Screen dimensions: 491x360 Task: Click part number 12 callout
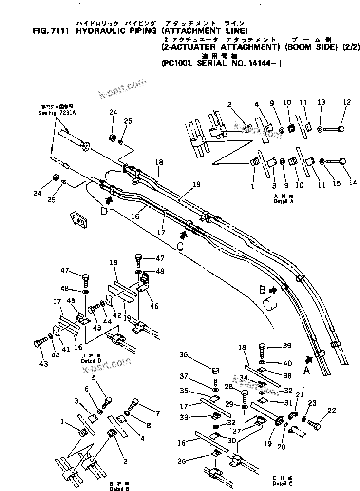click(346, 102)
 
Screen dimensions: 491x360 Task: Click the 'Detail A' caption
click(283, 199)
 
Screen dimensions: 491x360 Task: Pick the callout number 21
click(299, 395)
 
